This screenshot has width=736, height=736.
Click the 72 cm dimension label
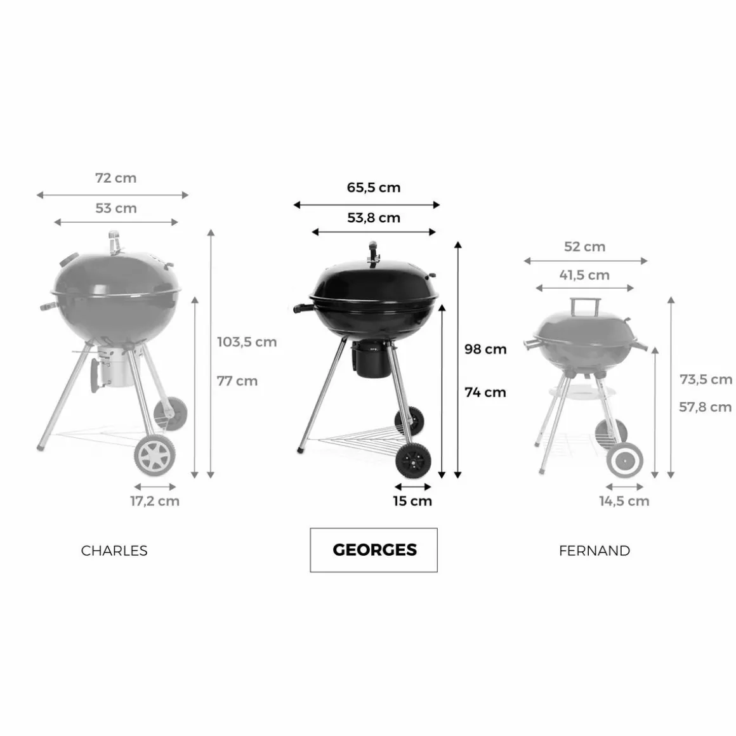pyautogui.click(x=116, y=178)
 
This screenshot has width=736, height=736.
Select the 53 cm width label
pyautogui.click(x=116, y=208)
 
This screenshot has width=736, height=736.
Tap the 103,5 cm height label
pyautogui.click(x=247, y=342)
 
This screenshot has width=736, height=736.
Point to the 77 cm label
pyautogui.click(x=237, y=381)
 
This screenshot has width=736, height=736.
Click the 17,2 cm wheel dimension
pyautogui.click(x=155, y=501)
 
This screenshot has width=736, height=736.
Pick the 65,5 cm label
pyautogui.click(x=374, y=188)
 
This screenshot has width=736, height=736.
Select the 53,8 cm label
pyautogui.click(x=374, y=218)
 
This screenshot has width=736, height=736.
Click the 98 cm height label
pyautogui.click(x=485, y=349)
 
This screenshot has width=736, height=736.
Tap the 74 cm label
pyautogui.click(x=485, y=392)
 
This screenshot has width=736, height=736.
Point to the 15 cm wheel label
pyautogui.click(x=412, y=501)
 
